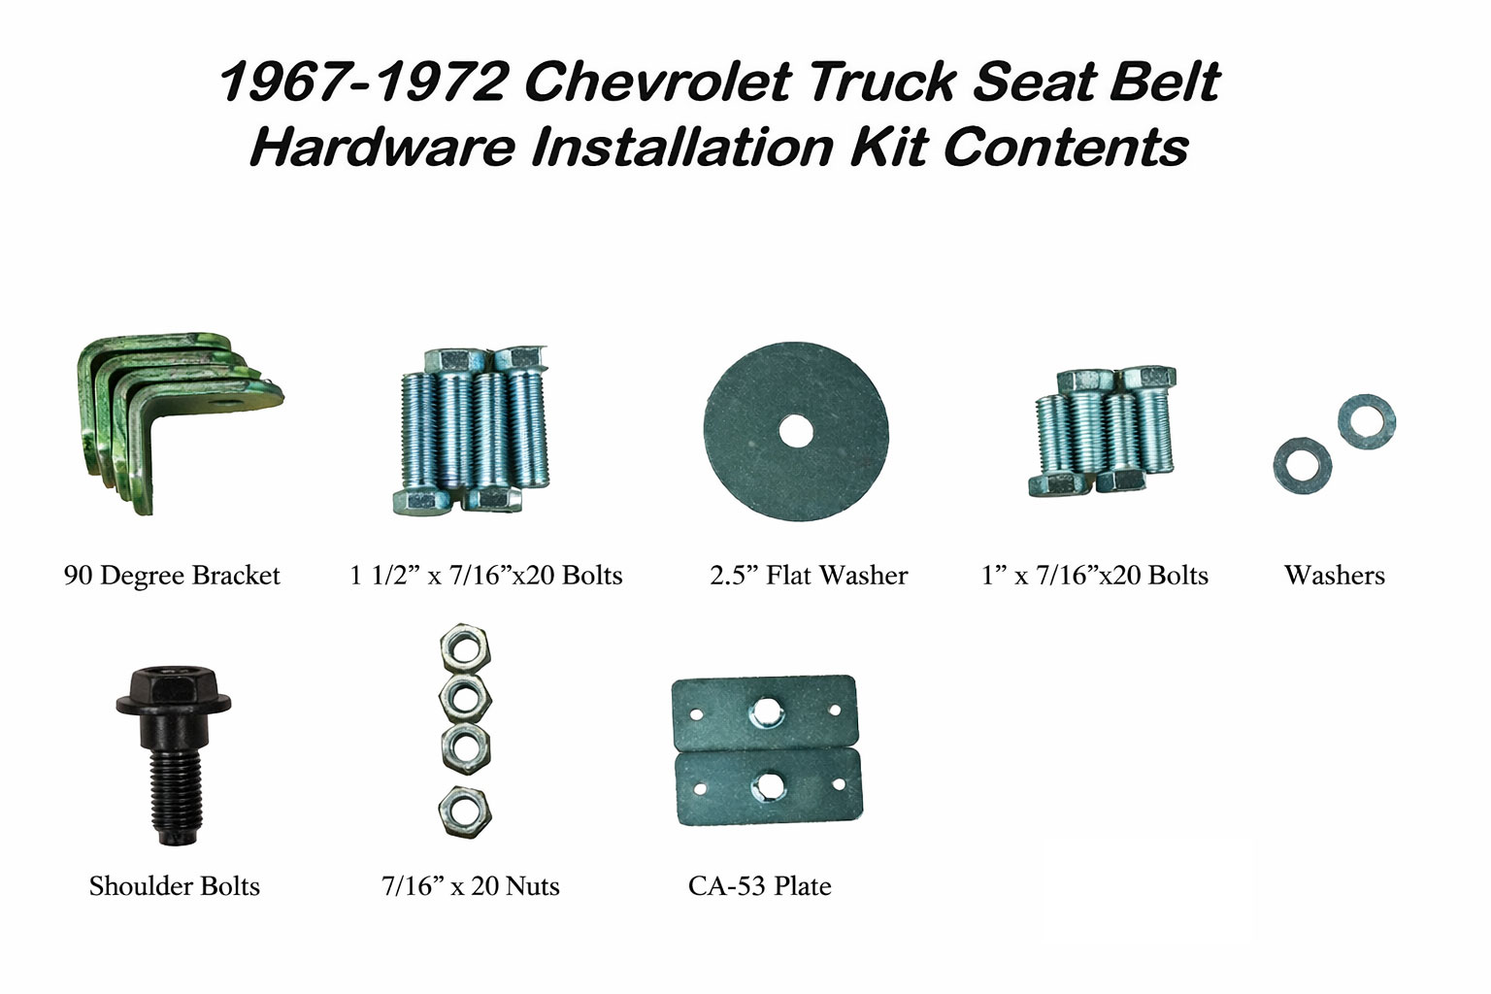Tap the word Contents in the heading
coord(1066,148)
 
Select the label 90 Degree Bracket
coord(172,576)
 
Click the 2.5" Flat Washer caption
coord(809,576)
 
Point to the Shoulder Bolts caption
coord(175,886)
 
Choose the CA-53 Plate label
coord(759,886)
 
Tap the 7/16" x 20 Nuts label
coord(471,886)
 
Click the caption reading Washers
coord(1335,576)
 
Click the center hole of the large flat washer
coord(796,432)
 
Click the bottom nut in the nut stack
coord(465,812)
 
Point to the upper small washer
coord(1367,422)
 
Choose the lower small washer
coord(1303,465)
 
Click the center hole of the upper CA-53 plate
coord(766,713)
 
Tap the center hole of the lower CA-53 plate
coord(768,786)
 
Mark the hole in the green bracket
coord(219,402)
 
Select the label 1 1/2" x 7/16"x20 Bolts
coord(486,576)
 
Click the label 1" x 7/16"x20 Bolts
coord(1095,576)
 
